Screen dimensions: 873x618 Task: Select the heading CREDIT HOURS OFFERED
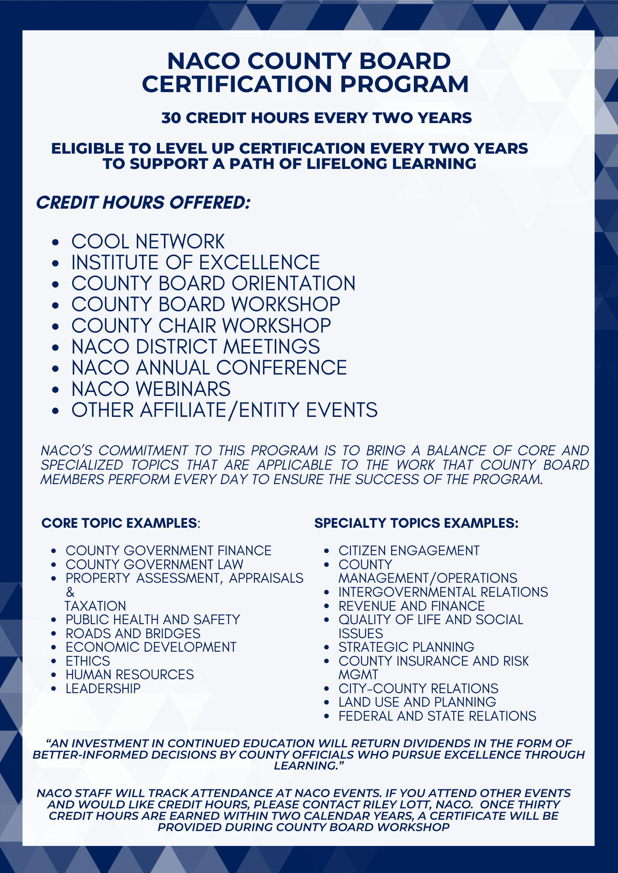(143, 203)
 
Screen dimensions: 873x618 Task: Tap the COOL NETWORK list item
(148, 242)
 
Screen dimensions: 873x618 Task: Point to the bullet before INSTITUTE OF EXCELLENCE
(55, 263)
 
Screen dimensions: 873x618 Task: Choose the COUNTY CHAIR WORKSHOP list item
(201, 326)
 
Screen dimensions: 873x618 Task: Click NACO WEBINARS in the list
(151, 389)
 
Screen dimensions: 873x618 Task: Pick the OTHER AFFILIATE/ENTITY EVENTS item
(224, 410)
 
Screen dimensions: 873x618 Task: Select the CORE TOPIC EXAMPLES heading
(119, 523)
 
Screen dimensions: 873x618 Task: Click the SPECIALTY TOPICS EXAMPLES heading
(416, 523)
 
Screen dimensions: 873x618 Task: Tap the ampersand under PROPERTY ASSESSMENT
(70, 592)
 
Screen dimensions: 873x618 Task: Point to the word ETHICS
(88, 661)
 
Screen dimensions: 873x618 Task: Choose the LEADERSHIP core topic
(103, 688)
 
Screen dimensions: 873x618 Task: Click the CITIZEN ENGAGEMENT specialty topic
(409, 551)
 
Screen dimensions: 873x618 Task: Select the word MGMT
(358, 674)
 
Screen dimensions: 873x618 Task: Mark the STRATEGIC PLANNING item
(406, 647)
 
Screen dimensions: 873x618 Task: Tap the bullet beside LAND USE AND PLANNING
(326, 702)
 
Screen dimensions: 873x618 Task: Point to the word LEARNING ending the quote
(307, 766)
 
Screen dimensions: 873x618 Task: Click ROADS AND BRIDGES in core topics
(133, 633)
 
